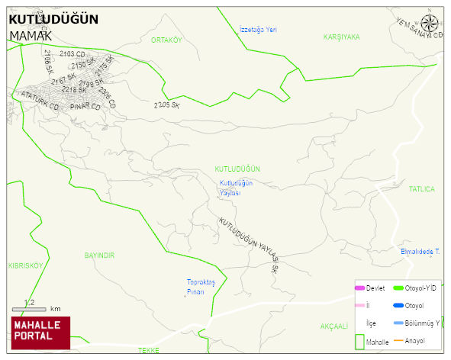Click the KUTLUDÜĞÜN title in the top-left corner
pyautogui.click(x=53, y=19)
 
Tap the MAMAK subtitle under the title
pyautogui.click(x=31, y=35)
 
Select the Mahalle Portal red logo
pyautogui.click(x=40, y=333)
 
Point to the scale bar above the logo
pyautogui.click(x=30, y=309)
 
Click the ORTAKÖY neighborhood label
pyautogui.click(x=166, y=40)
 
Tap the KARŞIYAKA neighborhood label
pyautogui.click(x=341, y=37)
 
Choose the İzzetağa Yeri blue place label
pyautogui.click(x=257, y=28)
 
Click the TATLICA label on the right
pyautogui.click(x=421, y=188)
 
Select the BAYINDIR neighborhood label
pyautogui.click(x=99, y=256)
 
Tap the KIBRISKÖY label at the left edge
pyautogui.click(x=26, y=265)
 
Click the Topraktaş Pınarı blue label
pyautogui.click(x=201, y=287)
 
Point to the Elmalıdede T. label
pyautogui.click(x=420, y=251)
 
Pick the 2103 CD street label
pyautogui.click(x=72, y=54)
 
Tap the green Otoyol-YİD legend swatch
pyautogui.click(x=398, y=288)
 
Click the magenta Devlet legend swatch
pyautogui.click(x=359, y=288)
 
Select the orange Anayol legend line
pyautogui.click(x=398, y=340)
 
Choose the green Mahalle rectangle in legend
pyautogui.click(x=359, y=342)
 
